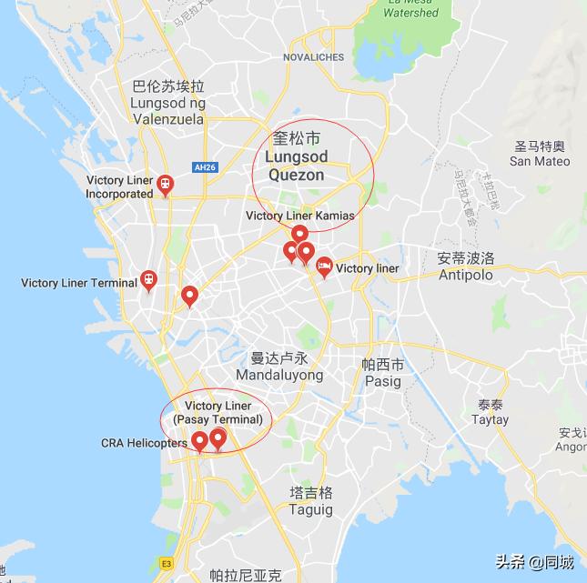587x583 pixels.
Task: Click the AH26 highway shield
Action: coord(202,167)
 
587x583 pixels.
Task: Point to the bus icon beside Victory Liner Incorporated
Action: coord(165,186)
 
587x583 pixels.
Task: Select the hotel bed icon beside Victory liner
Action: coord(324,266)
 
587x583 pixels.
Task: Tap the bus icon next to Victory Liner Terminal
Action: coord(148,280)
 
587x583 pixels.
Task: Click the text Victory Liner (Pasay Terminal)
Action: coord(218,412)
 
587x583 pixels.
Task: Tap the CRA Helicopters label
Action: coord(144,443)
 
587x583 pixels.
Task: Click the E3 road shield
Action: coord(167,563)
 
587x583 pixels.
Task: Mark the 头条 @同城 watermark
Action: coord(534,562)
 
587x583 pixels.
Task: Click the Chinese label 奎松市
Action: coord(298,139)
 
